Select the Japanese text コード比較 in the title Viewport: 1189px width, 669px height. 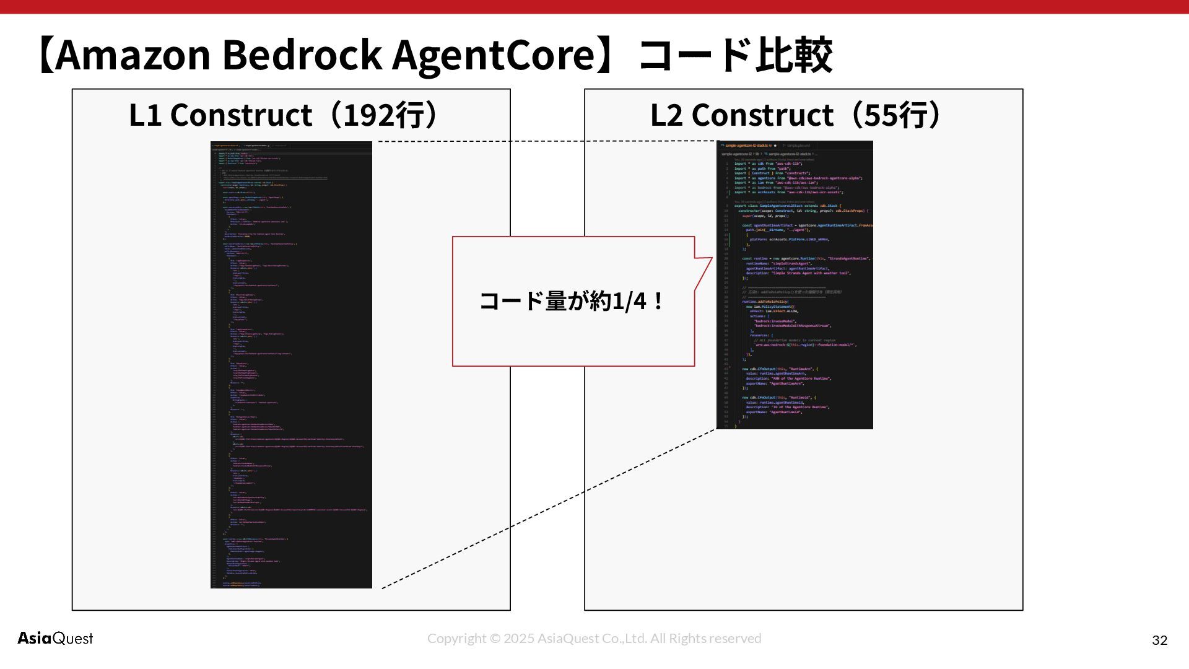pyautogui.click(x=735, y=55)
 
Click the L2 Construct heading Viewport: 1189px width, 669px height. pyautogui.click(x=742, y=115)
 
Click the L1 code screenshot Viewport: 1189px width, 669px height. pyautogui.click(x=291, y=365)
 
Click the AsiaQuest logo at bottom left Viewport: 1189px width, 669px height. pyautogui.click(x=55, y=638)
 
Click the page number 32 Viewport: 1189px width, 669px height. pyautogui.click(x=1159, y=641)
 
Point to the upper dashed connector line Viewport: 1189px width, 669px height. pyautogui.click(x=545, y=141)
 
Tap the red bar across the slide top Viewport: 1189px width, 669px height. pyautogui.click(x=594, y=6)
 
